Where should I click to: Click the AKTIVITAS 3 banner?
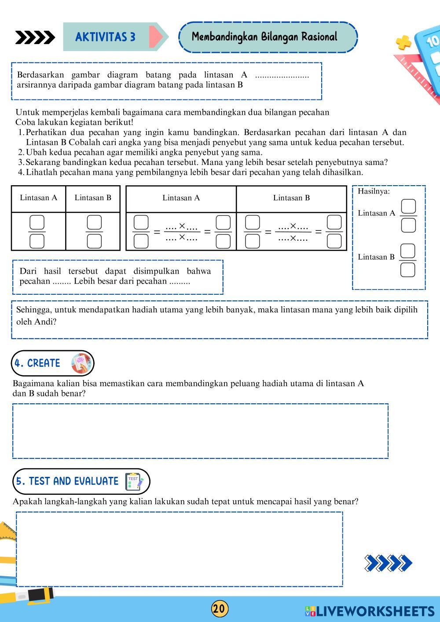click(x=106, y=37)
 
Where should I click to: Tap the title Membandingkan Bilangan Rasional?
click(x=264, y=37)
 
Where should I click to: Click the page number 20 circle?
click(x=220, y=609)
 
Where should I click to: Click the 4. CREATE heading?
click(x=37, y=363)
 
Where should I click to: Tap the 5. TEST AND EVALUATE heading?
click(x=67, y=481)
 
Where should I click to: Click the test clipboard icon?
click(x=134, y=482)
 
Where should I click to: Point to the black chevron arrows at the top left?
click(x=35, y=38)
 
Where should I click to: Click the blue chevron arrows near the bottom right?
click(x=388, y=563)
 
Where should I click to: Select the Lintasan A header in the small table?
click(x=39, y=198)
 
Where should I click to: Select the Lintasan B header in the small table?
click(x=93, y=198)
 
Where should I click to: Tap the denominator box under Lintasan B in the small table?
click(x=94, y=241)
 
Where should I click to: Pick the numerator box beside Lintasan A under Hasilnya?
click(x=408, y=206)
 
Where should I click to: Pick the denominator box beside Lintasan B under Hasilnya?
click(x=408, y=270)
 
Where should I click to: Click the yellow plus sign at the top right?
click(x=403, y=43)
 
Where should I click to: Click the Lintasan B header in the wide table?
click(x=291, y=198)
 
